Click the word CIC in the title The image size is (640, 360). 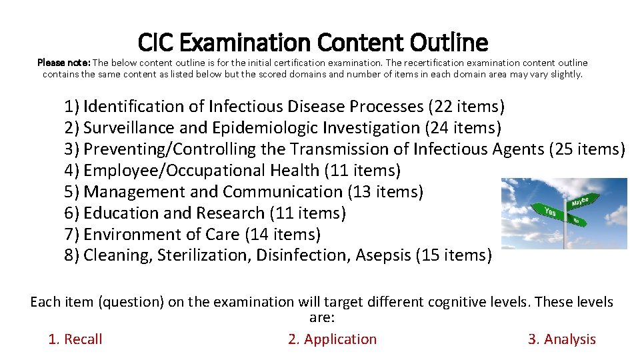157,43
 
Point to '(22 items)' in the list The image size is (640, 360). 466,106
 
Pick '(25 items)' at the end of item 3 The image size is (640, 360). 587,149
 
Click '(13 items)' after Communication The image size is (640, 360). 385,191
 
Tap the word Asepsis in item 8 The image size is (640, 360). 382,255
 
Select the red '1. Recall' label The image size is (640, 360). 75,339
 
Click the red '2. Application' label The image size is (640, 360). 332,339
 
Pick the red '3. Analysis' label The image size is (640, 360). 561,339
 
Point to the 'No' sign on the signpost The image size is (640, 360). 575,219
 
